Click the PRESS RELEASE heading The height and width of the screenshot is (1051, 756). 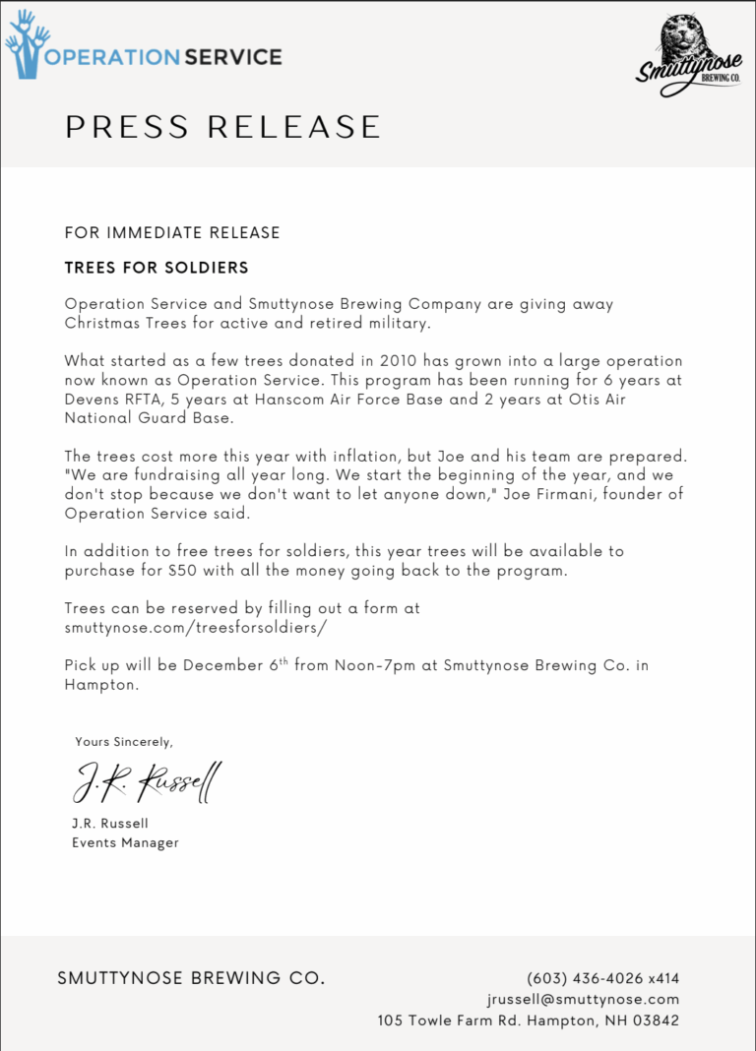222,127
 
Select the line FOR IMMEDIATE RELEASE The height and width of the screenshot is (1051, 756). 172,233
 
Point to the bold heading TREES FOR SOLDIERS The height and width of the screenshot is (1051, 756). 157,268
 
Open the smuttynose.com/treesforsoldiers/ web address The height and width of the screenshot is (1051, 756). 195,627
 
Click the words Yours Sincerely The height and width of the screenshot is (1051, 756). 124,741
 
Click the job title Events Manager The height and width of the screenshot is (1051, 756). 125,842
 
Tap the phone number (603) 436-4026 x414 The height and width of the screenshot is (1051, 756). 602,978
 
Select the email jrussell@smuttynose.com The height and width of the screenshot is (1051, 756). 583,999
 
